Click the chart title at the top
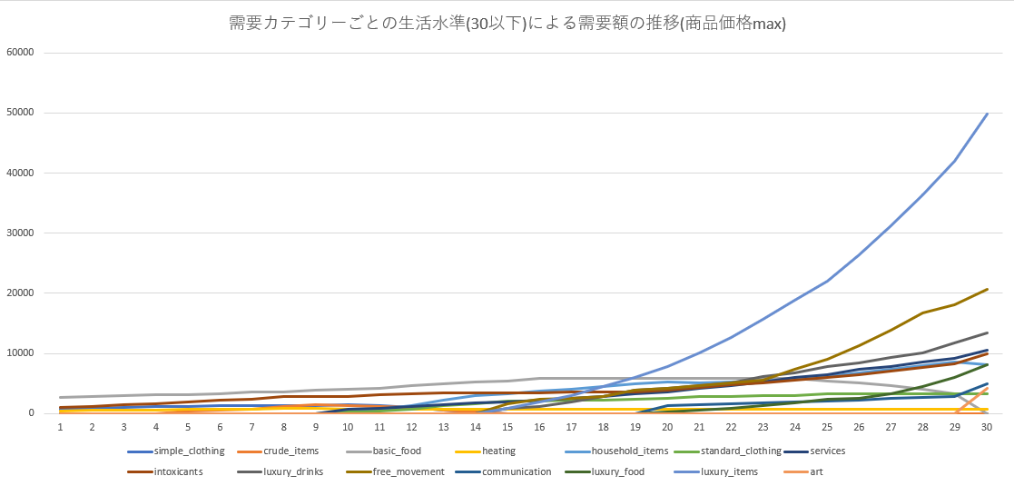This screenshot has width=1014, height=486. (507, 23)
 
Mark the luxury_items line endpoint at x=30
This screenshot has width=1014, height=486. (987, 114)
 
